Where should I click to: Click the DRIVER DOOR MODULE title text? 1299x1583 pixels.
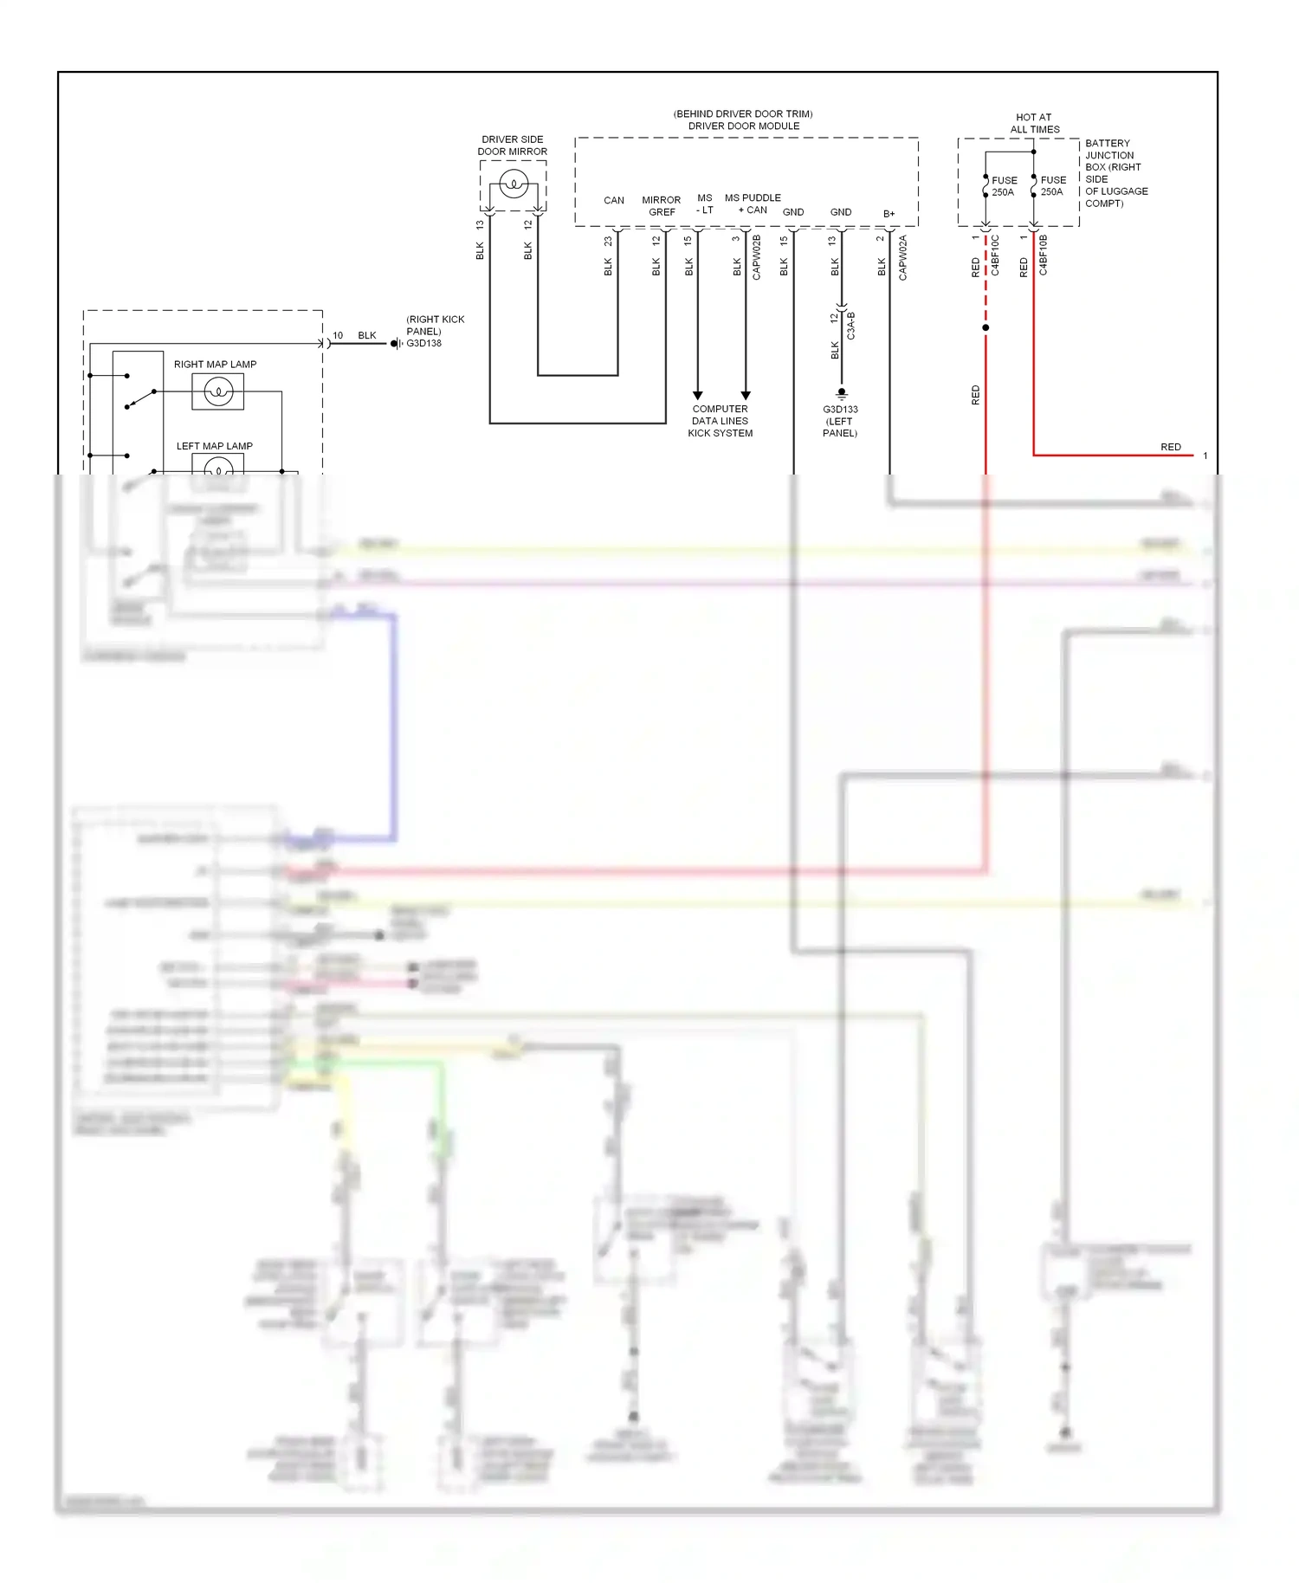pyautogui.click(x=743, y=126)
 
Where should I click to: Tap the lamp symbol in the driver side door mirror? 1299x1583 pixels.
pyautogui.click(x=514, y=184)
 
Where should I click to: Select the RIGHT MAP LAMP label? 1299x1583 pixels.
pyautogui.click(x=215, y=365)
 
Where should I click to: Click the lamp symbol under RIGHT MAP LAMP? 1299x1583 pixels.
pyautogui.click(x=218, y=392)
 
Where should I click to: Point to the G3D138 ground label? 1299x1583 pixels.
pyautogui.click(x=424, y=344)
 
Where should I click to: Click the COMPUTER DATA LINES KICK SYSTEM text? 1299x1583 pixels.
pyautogui.click(x=720, y=421)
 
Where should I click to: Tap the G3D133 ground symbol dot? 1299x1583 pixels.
pyautogui.click(x=841, y=392)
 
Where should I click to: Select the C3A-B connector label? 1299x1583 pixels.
pyautogui.click(x=851, y=326)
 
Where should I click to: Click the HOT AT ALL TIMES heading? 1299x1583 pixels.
pyautogui.click(x=1034, y=123)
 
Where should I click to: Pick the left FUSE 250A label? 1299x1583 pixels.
pyautogui.click(x=1004, y=186)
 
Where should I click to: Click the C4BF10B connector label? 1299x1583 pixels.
pyautogui.click(x=1044, y=255)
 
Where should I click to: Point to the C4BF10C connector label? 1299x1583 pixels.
pyautogui.click(x=995, y=255)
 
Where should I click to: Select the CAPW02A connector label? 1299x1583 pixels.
pyautogui.click(x=903, y=257)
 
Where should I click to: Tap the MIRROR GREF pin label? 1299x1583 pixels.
pyautogui.click(x=662, y=206)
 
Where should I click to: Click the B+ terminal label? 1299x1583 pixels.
pyautogui.click(x=889, y=214)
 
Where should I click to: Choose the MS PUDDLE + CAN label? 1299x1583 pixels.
pyautogui.click(x=753, y=204)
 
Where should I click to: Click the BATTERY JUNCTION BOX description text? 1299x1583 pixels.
pyautogui.click(x=1115, y=173)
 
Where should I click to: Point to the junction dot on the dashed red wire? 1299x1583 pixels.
pyautogui.click(x=986, y=327)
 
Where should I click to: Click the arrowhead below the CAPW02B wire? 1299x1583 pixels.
pyautogui.click(x=746, y=396)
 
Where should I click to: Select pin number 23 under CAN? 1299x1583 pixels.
pyautogui.click(x=608, y=241)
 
